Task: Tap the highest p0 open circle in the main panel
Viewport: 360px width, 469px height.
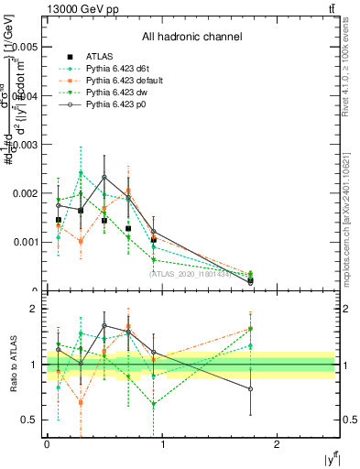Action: [x=104, y=177]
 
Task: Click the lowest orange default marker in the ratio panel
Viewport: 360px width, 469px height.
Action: [x=82, y=401]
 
